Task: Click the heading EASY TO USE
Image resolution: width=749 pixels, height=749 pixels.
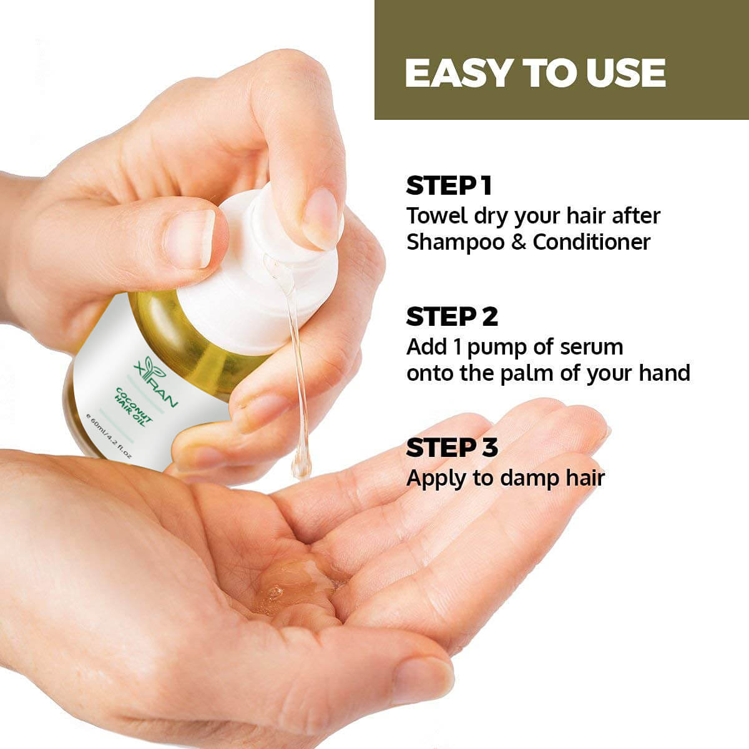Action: coord(535,73)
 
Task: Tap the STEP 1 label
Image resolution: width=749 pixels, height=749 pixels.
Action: coord(449,186)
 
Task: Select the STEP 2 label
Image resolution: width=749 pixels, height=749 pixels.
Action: coord(452,317)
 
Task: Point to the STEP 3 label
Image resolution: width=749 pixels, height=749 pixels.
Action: coord(452,448)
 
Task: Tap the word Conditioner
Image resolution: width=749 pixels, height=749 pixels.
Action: coord(591,242)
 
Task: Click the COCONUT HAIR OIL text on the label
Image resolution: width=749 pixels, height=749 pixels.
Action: coord(135,406)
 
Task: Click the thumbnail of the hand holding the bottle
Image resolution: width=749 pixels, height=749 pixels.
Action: coord(190,238)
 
